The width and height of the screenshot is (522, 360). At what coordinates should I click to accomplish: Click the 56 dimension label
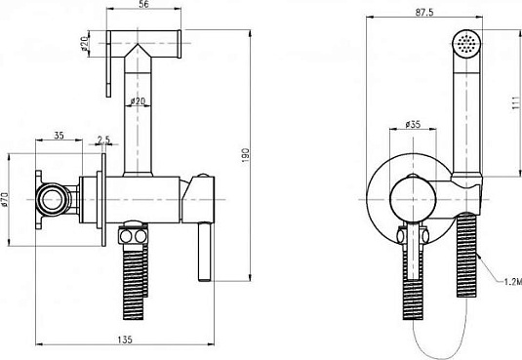[x=143, y=4]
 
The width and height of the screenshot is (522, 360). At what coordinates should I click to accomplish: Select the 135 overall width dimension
[x=125, y=340]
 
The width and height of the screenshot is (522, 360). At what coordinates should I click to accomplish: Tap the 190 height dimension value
[x=245, y=155]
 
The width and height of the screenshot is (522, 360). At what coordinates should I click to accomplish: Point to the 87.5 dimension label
[x=424, y=13]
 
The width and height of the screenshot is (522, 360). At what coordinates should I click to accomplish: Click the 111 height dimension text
[x=516, y=102]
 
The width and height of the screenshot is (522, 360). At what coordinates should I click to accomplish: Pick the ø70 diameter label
[x=5, y=199]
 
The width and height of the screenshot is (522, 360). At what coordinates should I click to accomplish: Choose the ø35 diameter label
[x=413, y=124]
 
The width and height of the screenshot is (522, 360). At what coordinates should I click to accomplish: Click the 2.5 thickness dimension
[x=103, y=140]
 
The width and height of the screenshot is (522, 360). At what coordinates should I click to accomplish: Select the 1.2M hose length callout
[x=512, y=282]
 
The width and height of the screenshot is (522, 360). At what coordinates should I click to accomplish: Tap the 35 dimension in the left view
[x=59, y=136]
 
